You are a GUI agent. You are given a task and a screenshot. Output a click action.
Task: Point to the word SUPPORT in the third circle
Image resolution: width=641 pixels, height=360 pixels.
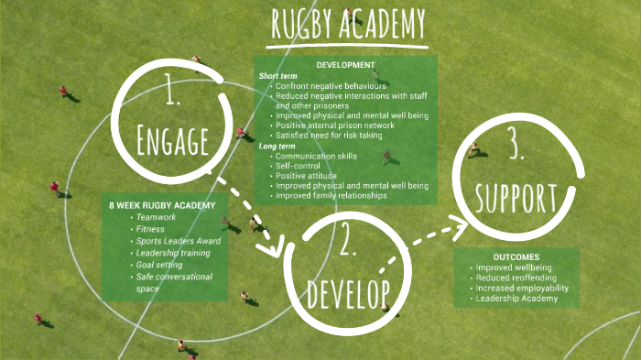click(x=515, y=196)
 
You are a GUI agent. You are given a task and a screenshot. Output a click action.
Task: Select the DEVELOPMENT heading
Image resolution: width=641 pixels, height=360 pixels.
click(x=345, y=65)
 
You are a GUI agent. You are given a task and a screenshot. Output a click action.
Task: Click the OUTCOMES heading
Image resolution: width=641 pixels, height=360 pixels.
click(x=515, y=256)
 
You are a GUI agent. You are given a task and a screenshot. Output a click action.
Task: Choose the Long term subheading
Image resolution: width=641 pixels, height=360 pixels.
click(x=277, y=146)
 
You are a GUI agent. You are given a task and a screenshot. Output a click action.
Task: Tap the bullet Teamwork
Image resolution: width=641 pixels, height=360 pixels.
click(x=155, y=217)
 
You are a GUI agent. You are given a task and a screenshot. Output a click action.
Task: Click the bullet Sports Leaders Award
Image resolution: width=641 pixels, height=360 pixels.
click(x=175, y=241)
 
